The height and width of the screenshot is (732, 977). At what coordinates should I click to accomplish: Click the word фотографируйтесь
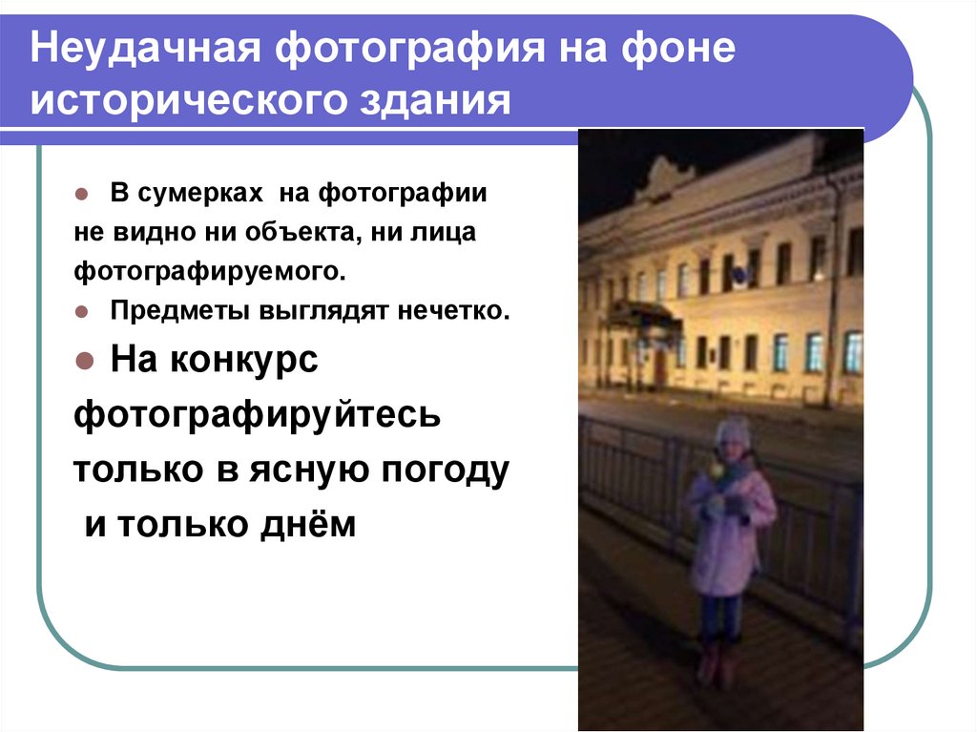point(258,415)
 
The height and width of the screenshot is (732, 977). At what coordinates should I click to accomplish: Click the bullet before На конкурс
point(83,362)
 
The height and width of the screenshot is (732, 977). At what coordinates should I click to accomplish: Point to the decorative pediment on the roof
point(665,177)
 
